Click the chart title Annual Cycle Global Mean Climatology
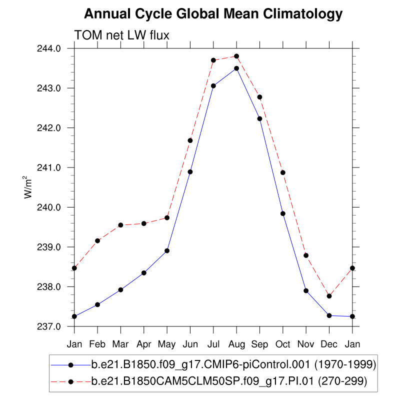point(213,14)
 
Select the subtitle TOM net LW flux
point(122,35)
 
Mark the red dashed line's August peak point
point(236,56)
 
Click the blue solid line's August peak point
point(236,68)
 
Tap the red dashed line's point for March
point(120,225)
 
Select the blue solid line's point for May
point(167,250)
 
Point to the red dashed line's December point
point(329,296)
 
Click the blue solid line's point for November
point(306,290)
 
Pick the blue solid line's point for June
point(190,172)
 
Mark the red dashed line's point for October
point(283,172)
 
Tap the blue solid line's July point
point(213,86)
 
